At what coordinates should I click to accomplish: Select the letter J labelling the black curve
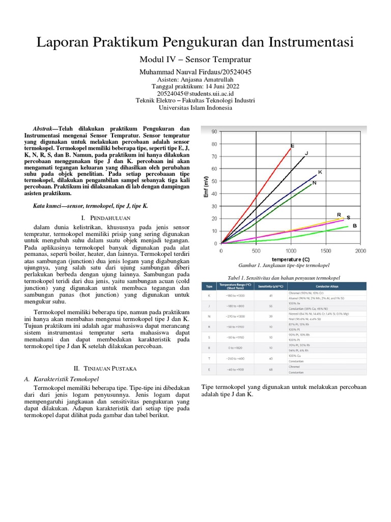coord(306,153)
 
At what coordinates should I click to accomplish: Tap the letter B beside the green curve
coord(354,225)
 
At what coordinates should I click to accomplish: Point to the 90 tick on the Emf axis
coord(214,132)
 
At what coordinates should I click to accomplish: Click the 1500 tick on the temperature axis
coord(325,251)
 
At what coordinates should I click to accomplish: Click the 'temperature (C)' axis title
coord(291,259)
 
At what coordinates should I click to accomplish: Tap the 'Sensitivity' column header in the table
coord(272,286)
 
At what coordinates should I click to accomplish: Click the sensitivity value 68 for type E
coord(271,370)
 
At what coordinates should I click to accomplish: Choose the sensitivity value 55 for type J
coord(271,306)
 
